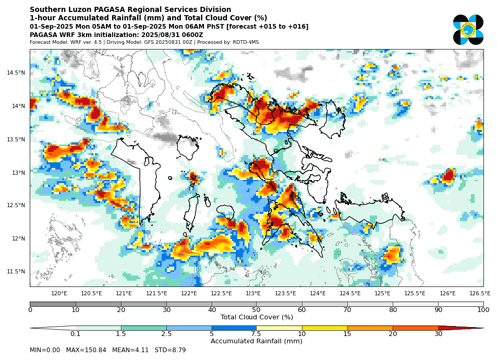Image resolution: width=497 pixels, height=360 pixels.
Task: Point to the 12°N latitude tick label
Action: pos(15,238)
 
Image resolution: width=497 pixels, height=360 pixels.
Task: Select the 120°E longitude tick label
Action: pos(59,293)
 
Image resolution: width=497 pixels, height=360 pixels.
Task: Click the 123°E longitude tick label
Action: pos(252,293)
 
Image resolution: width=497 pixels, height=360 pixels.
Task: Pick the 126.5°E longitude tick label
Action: pos(478,293)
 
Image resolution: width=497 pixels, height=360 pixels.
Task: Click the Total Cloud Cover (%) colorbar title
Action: pos(256,316)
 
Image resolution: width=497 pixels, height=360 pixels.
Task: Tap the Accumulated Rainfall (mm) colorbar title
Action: pos(256,340)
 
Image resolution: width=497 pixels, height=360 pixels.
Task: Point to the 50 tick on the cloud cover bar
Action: pos(256,309)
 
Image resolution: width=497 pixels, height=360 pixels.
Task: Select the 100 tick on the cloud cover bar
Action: pos(483,309)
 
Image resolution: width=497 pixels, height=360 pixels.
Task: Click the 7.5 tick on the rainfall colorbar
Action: pos(256,333)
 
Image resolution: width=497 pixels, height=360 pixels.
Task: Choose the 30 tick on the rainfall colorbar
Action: pos(438,333)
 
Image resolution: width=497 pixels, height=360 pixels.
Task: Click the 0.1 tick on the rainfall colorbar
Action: pos(76,333)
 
